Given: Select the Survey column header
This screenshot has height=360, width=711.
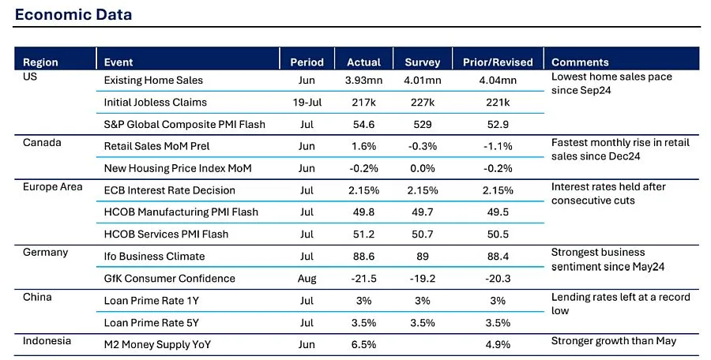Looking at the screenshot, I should [x=423, y=62].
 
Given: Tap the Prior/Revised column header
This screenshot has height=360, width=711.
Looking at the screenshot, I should [x=497, y=62].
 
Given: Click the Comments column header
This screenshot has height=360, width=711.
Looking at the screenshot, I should [x=580, y=62].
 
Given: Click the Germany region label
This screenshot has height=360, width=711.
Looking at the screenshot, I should [x=46, y=252].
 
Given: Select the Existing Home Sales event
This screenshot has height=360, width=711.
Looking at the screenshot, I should [x=153, y=80].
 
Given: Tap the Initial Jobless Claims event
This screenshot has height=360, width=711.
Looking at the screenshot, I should [x=156, y=102].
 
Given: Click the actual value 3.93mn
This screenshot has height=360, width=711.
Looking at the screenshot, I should [x=363, y=80].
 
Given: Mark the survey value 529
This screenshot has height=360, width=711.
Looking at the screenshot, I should [x=423, y=124].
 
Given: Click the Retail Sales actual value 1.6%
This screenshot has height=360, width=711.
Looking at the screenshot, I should [x=363, y=146].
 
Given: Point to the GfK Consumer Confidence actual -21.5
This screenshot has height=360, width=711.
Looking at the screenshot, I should [x=363, y=278].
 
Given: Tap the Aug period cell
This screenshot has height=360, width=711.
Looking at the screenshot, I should [x=307, y=278].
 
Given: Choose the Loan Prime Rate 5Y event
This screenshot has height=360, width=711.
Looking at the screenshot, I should [x=151, y=322].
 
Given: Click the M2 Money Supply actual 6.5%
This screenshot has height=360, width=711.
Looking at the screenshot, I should [x=363, y=344].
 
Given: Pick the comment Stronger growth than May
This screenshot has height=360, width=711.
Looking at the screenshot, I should [x=615, y=341].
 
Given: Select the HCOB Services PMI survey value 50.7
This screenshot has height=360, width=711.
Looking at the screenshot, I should [x=423, y=234].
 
